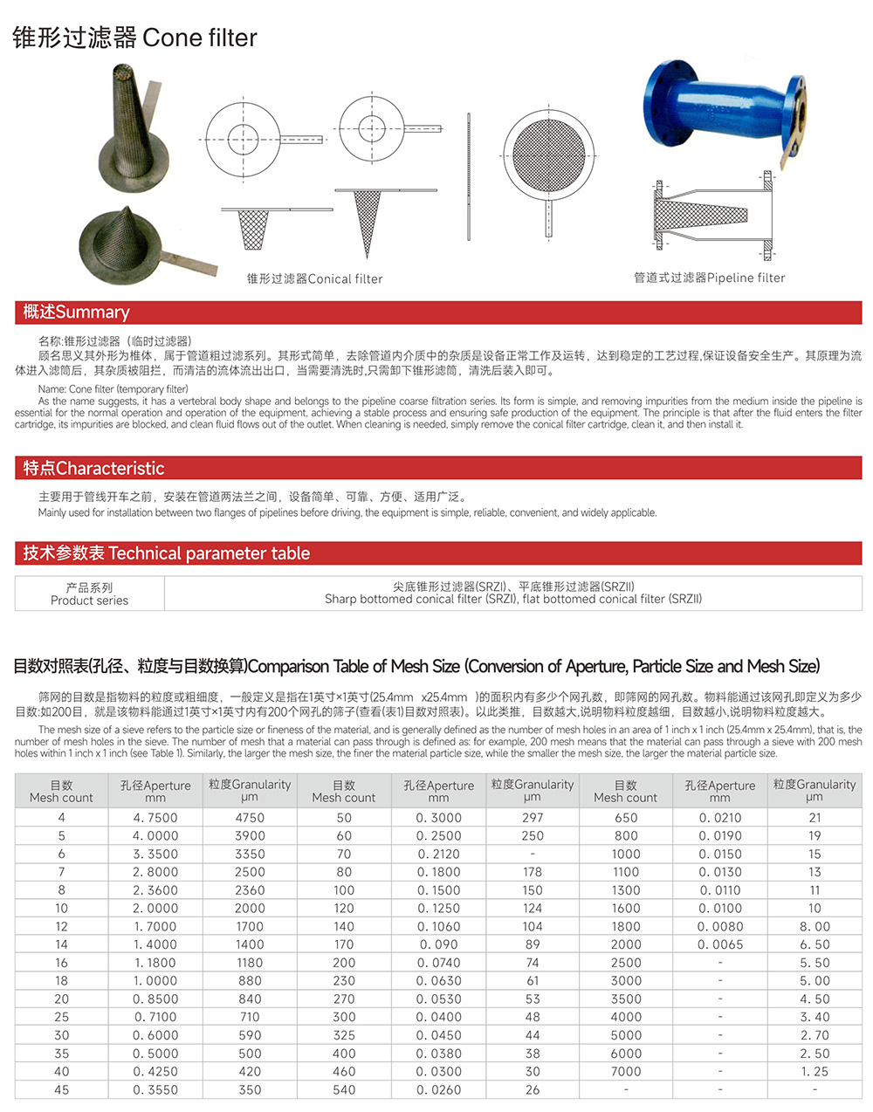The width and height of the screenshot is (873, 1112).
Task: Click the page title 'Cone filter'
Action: coord(134,38)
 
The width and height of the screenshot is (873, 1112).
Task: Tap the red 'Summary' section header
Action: coord(76,312)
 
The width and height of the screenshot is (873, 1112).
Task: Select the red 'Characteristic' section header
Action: coord(93,468)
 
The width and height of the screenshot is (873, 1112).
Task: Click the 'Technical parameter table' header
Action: coord(166,553)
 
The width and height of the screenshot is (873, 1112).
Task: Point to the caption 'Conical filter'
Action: coord(314,278)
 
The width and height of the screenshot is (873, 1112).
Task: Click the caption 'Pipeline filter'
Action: coord(709,278)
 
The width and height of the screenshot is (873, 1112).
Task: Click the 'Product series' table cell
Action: coord(89,594)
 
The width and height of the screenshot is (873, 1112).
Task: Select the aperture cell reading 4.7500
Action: coord(155,818)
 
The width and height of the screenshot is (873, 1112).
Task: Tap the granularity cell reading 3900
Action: coord(250,835)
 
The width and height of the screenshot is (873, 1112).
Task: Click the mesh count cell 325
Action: coord(344,1035)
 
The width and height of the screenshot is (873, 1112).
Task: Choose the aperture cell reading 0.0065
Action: coord(720,944)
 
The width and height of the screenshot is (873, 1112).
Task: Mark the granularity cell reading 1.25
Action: coord(815,1071)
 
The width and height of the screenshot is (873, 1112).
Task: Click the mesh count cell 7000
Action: coord(626,1071)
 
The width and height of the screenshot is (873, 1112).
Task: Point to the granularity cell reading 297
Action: coord(533,818)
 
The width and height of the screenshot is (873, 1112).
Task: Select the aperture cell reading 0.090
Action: coord(438,944)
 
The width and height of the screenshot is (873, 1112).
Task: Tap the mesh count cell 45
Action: coord(61,1089)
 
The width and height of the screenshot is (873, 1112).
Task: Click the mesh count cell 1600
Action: coord(626,908)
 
